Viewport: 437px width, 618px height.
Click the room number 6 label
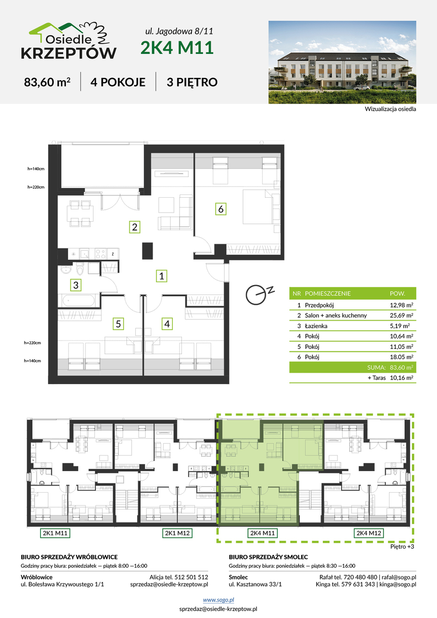(x=221, y=209)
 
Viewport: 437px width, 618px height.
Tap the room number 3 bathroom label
(x=76, y=285)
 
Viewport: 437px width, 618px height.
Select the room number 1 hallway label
(x=162, y=276)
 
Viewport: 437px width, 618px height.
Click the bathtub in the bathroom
(x=78, y=301)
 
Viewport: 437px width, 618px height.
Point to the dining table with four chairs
(x=81, y=214)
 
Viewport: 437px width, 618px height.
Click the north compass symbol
(x=259, y=294)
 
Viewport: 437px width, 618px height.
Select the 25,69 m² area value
(x=401, y=316)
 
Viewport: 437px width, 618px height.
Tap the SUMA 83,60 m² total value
(x=401, y=367)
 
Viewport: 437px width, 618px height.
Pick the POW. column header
(x=397, y=294)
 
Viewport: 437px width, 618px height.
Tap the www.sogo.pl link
(x=218, y=600)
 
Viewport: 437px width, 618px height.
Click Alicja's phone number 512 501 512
(x=191, y=577)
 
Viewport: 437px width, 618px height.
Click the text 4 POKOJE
(x=118, y=82)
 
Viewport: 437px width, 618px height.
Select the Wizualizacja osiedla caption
(x=390, y=109)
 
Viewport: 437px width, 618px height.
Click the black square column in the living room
(x=148, y=251)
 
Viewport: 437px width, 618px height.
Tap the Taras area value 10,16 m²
(x=401, y=378)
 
